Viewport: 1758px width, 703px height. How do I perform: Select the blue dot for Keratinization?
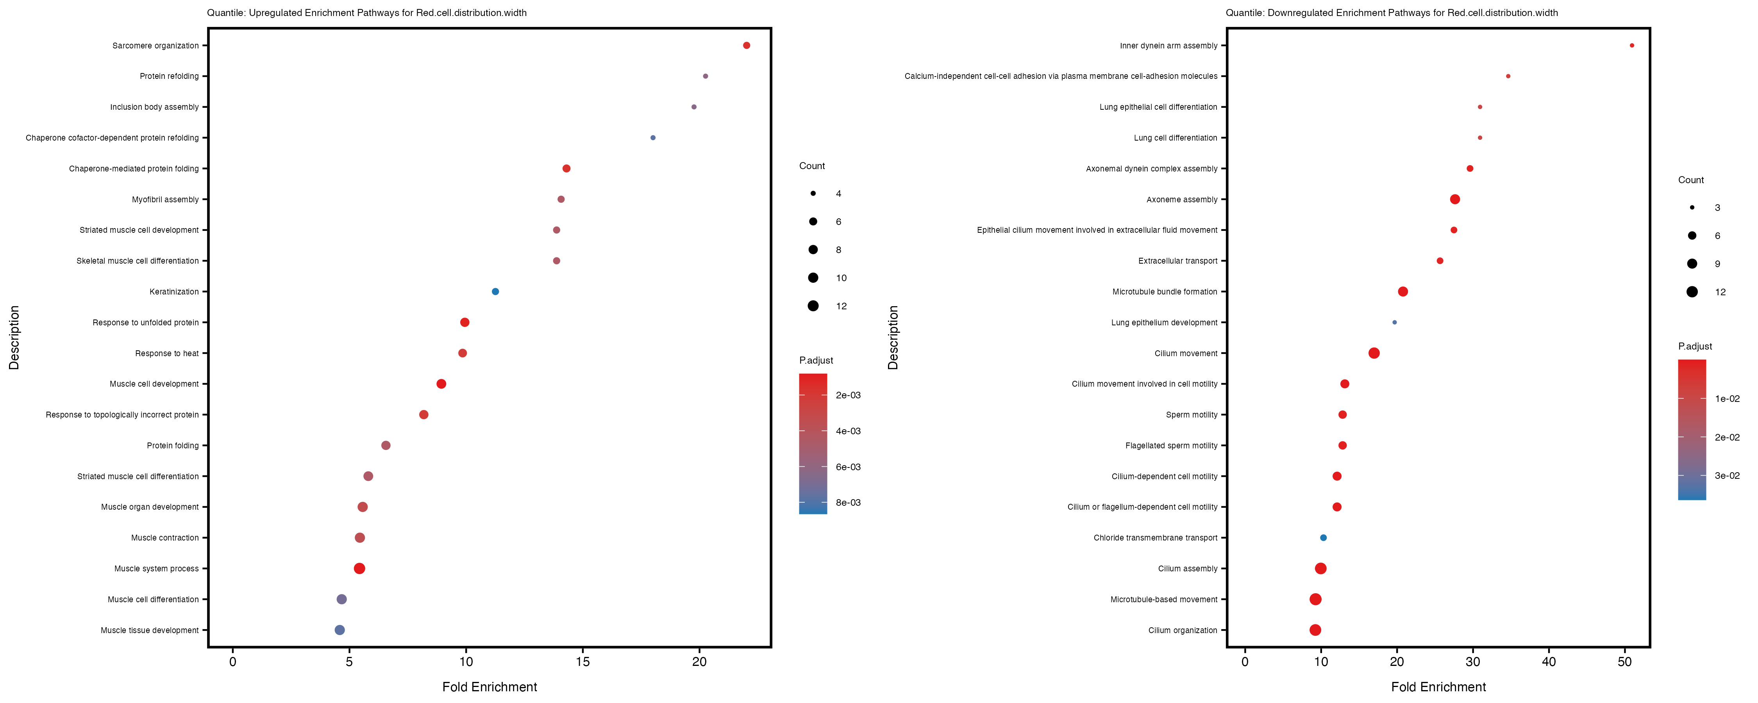[x=495, y=291]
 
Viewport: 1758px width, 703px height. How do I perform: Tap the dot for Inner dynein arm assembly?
[x=1632, y=46]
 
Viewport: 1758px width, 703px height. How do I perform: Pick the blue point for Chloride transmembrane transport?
[x=1323, y=538]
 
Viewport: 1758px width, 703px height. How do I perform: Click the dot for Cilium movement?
[x=1374, y=353]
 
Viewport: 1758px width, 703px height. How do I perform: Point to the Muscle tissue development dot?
[x=340, y=630]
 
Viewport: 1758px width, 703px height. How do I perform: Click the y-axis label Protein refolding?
[x=169, y=77]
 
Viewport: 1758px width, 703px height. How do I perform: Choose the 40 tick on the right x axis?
[x=1549, y=661]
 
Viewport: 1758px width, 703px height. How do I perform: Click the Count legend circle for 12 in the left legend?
[x=813, y=306]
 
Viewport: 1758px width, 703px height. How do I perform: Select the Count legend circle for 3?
[x=1692, y=207]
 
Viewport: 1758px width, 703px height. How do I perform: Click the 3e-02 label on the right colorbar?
[x=1727, y=476]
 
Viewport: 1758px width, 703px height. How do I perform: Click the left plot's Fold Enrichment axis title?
[x=490, y=687]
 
